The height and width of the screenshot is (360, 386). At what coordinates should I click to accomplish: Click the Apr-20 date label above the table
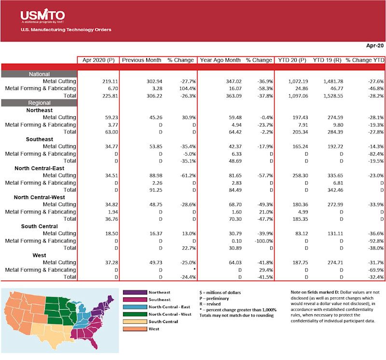[375, 46]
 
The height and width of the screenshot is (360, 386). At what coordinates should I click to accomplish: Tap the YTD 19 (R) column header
[327, 60]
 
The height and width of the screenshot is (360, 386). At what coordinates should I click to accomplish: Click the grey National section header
[39, 74]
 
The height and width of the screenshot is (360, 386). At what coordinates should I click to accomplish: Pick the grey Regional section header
[39, 103]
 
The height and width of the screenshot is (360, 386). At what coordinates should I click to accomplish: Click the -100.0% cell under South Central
[262, 240]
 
